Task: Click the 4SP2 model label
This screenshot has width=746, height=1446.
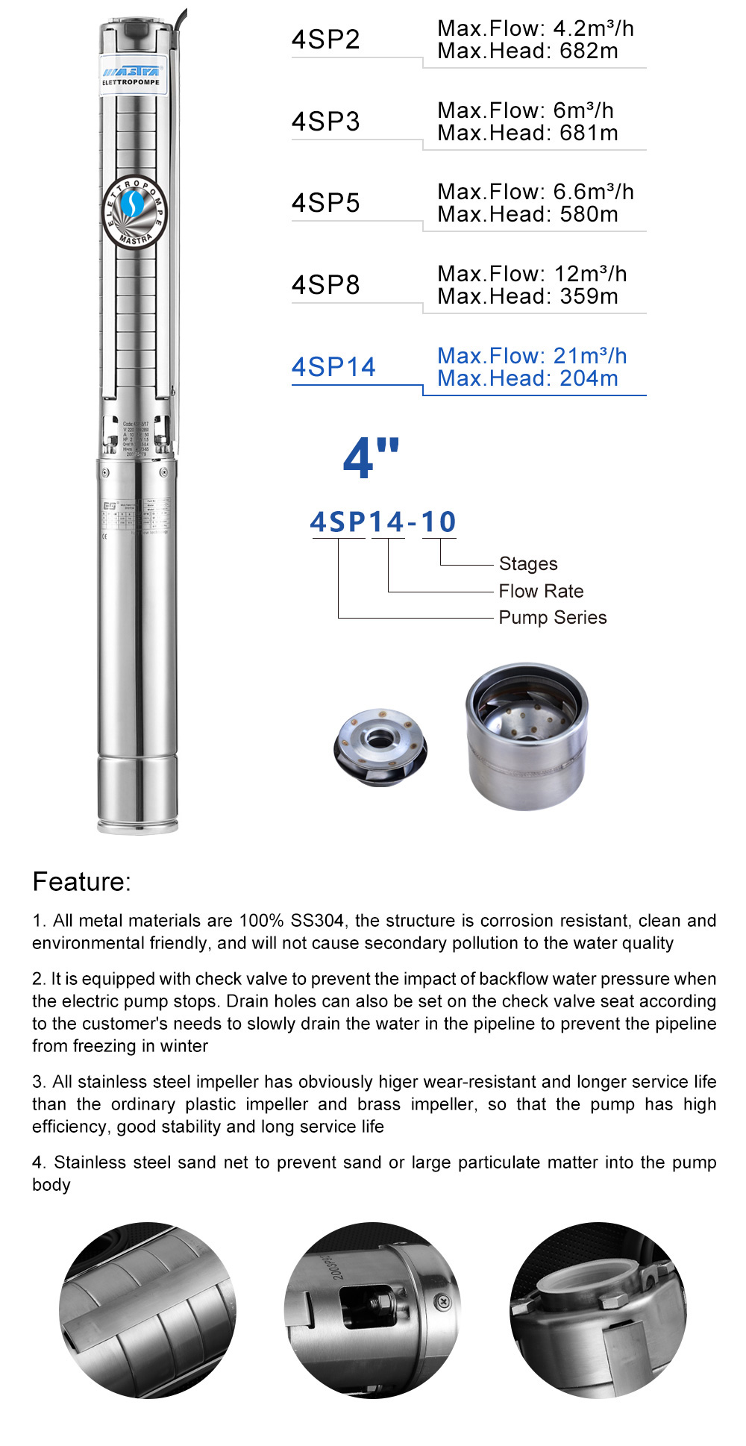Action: tap(326, 40)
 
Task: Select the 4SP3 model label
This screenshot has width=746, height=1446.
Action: tap(326, 122)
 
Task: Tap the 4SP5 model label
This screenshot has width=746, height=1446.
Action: tap(326, 203)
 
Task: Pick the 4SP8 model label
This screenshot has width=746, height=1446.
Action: tap(326, 285)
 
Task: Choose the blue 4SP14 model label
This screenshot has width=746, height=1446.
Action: tap(333, 367)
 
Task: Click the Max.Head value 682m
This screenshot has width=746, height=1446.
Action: tap(589, 51)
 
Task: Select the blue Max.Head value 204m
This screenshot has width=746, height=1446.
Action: tap(589, 378)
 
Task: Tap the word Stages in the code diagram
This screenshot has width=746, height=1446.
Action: tap(528, 564)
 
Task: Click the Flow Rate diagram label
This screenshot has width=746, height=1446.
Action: tap(541, 591)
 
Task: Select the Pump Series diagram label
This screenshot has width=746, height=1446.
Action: tap(552, 618)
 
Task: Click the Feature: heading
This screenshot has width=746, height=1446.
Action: tap(82, 882)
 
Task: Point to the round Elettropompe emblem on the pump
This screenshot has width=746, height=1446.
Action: tap(134, 212)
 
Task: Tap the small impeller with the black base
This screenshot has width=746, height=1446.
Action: tap(380, 747)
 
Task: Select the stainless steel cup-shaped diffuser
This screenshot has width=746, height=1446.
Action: tap(527, 735)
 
